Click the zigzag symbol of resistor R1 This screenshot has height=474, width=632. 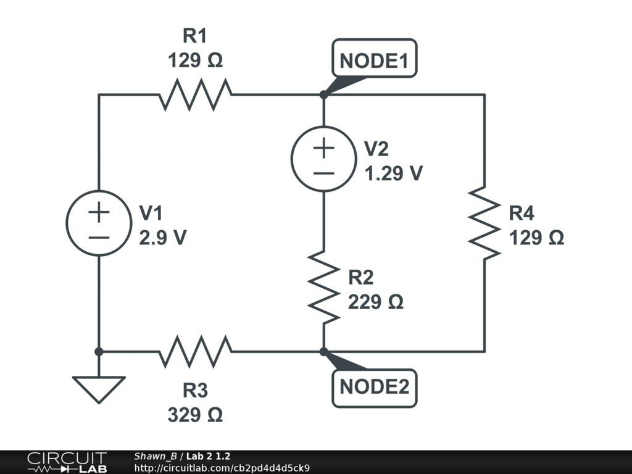195,94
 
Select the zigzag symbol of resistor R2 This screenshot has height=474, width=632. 323,288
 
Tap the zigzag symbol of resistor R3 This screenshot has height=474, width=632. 195,352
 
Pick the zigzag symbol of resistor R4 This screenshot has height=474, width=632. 484,223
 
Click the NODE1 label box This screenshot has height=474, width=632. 375,58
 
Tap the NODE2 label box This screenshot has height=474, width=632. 375,388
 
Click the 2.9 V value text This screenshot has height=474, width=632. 163,238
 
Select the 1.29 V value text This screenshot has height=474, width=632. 393,173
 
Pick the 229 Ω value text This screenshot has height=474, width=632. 375,302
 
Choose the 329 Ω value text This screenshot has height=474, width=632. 195,415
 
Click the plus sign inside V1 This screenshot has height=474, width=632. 99,212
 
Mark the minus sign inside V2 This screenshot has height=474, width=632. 323,173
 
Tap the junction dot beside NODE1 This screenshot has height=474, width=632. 323,94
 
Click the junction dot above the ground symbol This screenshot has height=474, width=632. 99,352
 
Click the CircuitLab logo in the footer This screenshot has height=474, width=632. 67,462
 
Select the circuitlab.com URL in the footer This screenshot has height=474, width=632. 222,468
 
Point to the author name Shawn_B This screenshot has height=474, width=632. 155,456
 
